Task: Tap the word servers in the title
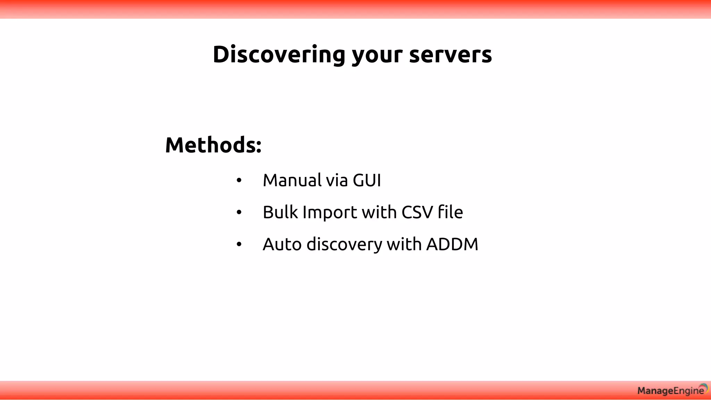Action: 450,55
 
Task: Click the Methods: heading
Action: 213,145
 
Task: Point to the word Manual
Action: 292,180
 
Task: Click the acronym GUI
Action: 367,180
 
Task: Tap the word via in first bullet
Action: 336,180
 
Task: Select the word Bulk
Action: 280,212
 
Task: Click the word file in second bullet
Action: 450,212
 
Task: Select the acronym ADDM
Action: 452,244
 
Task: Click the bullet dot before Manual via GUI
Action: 239,181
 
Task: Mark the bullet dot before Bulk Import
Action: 239,212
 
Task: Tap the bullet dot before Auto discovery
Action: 239,244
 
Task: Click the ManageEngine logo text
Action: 670,391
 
